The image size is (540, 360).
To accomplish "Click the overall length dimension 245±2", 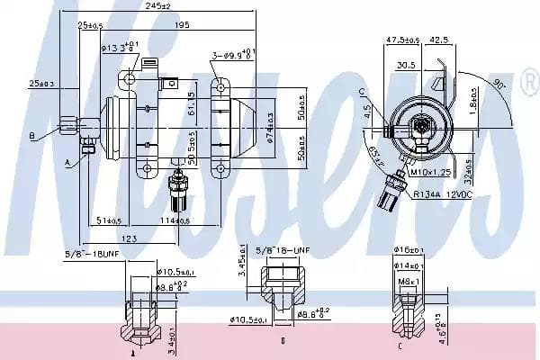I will (x=160, y=6).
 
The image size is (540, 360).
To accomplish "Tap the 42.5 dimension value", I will (x=440, y=40).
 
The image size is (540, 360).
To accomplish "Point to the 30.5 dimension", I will (x=407, y=64).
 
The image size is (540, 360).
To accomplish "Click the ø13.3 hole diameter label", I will (x=120, y=47).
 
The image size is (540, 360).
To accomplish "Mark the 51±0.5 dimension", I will (x=109, y=220).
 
